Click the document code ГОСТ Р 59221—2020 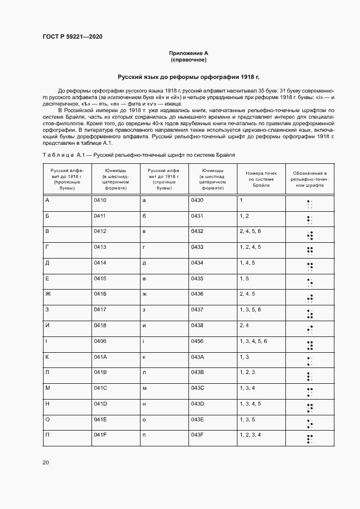[72, 37]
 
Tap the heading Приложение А [188, 53]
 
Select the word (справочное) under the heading [188, 60]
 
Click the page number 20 [46, 463]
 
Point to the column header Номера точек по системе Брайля [261, 179]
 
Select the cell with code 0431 [197, 216]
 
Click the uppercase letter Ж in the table [48, 294]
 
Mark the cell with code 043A [197, 357]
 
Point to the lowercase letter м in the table [144, 388]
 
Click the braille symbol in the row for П [309, 438]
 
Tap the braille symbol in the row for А [309, 204]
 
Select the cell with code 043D [197, 403]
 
